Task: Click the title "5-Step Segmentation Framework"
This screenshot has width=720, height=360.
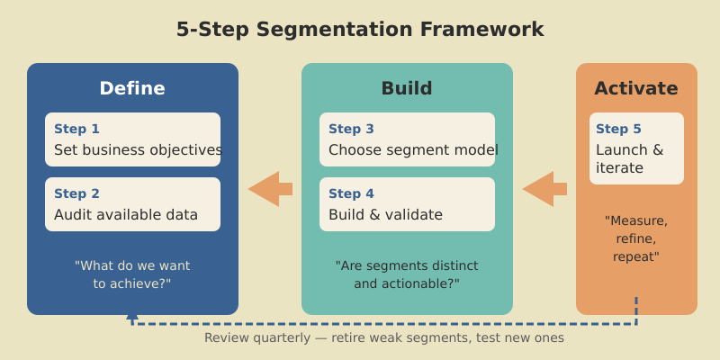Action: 360,30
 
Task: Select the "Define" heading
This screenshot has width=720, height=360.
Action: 132,88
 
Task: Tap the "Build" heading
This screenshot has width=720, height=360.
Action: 407,88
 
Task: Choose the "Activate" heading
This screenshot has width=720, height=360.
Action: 636,88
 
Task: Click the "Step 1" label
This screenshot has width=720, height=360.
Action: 76,129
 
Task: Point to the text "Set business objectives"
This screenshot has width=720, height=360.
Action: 138,150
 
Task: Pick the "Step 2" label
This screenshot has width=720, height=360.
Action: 76,193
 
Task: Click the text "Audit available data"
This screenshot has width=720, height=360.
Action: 126,215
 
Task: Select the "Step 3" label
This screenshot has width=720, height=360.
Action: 351,129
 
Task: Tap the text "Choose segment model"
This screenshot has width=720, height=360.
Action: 413,150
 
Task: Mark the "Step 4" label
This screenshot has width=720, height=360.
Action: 351,193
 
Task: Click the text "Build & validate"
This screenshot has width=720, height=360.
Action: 385,215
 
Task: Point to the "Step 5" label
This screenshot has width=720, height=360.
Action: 618,129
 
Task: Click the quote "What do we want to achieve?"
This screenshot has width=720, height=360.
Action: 132,274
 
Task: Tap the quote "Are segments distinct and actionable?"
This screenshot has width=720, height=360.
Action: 407,274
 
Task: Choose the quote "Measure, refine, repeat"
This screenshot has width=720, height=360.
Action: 636,238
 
